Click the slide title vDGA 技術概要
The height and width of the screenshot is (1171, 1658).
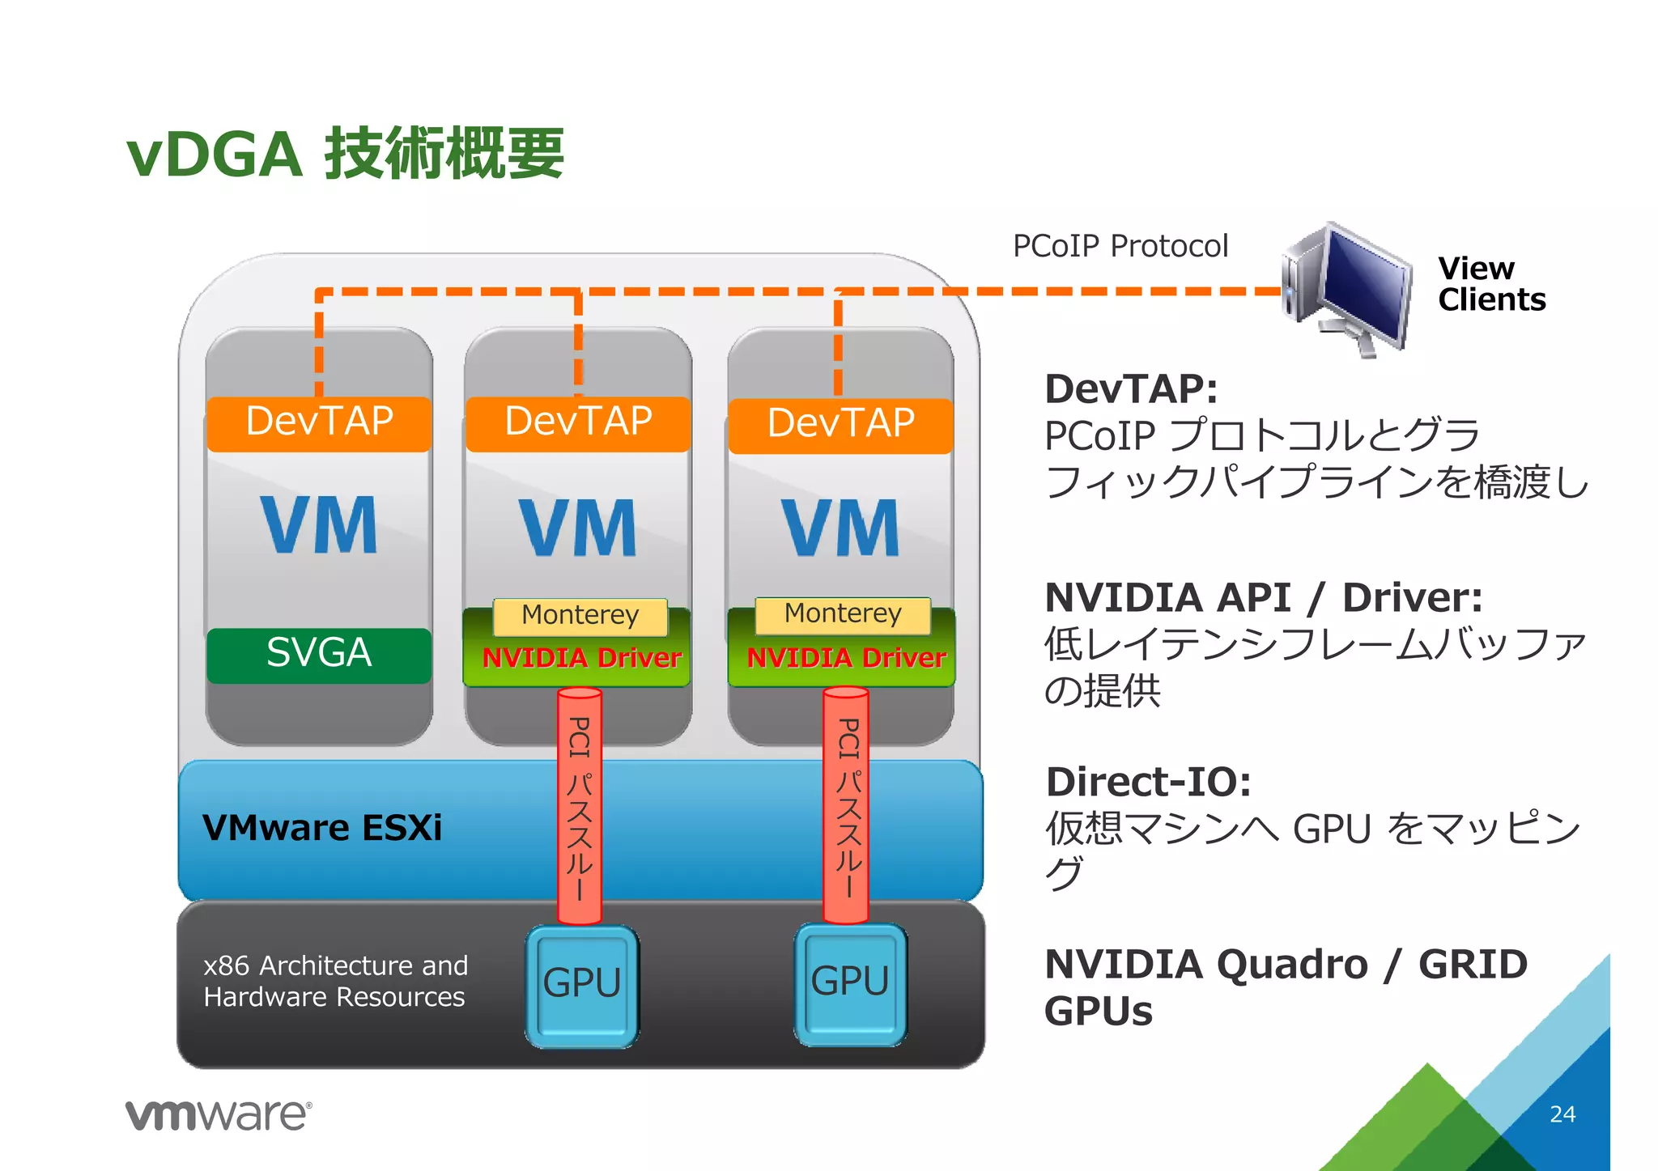(346, 154)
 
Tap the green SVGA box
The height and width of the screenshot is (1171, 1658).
(319, 654)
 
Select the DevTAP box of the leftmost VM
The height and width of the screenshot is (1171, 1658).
(319, 422)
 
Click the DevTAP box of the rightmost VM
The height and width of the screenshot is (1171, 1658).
(840, 424)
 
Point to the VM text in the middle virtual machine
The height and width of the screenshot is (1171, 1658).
(578, 528)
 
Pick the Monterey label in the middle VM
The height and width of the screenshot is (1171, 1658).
(580, 616)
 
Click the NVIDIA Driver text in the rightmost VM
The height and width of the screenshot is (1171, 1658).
(846, 659)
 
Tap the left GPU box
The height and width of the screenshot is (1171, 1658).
(581, 985)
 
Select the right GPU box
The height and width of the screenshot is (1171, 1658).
(850, 983)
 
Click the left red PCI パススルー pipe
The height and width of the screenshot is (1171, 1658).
(580, 805)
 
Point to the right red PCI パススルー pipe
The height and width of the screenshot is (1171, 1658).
(847, 805)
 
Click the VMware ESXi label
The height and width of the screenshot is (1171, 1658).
(322, 828)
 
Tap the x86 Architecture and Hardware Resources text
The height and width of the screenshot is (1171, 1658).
(335, 981)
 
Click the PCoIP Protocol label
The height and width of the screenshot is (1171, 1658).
(1120, 246)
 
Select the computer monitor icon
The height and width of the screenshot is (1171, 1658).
(1348, 287)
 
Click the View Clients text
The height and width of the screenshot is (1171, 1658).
(1490, 284)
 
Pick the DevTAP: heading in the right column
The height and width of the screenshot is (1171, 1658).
(1130, 389)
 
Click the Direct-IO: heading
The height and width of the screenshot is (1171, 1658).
(1148, 783)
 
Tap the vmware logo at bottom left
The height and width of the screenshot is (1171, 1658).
(218, 1115)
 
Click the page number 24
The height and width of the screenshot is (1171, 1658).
(1562, 1114)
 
